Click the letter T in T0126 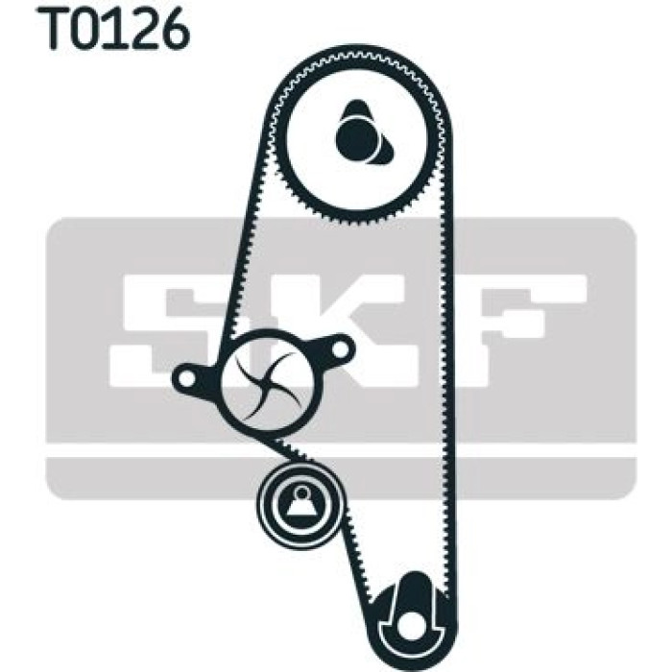(x=54, y=28)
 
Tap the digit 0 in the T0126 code (x=88, y=28)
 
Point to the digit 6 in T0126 (x=173, y=28)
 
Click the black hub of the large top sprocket (x=357, y=138)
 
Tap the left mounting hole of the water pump (x=186, y=377)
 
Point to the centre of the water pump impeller (x=270, y=384)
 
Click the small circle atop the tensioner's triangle (x=301, y=492)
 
